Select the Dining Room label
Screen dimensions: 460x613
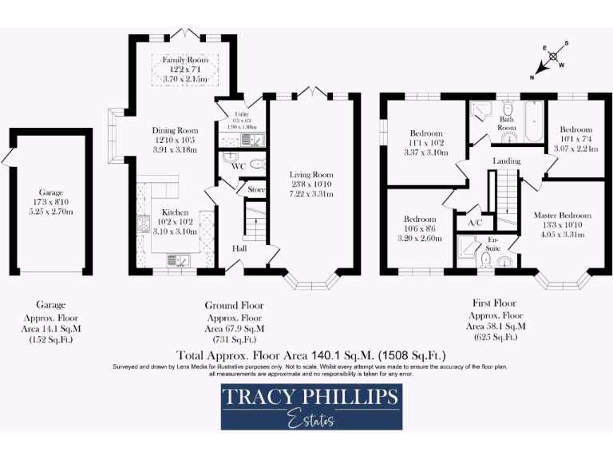click(175, 130)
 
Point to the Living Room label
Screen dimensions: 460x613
click(312, 175)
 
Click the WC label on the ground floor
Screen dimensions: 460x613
click(238, 167)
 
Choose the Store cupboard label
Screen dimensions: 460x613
click(255, 190)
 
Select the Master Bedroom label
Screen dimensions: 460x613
click(564, 216)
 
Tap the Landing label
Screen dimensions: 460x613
click(506, 161)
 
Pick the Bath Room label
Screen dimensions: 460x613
click(508, 123)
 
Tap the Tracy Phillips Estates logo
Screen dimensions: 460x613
click(311, 406)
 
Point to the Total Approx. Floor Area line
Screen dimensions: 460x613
click(310, 355)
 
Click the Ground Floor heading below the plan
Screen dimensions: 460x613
click(234, 305)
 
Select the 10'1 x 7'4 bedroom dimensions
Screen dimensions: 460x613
click(575, 139)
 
